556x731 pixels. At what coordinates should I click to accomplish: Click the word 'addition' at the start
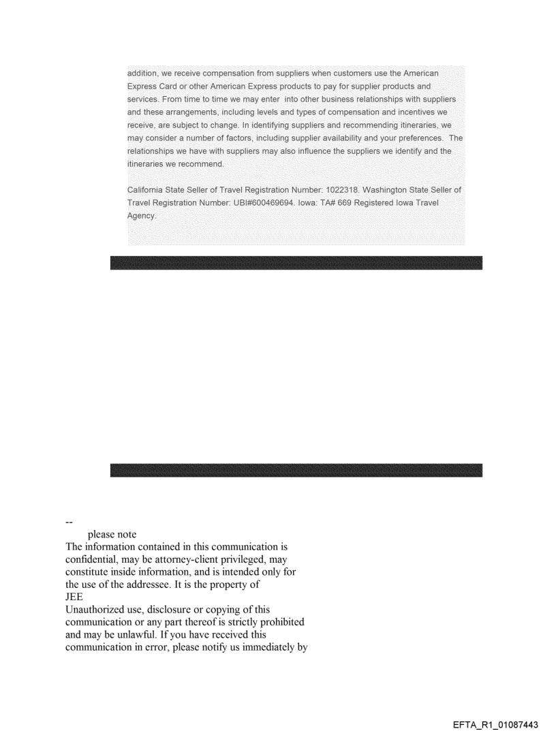point(143,73)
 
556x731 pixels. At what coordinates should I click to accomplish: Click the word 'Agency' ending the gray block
point(142,216)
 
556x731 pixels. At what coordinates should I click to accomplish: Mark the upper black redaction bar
point(296,263)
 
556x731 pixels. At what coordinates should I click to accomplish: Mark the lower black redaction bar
point(296,470)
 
